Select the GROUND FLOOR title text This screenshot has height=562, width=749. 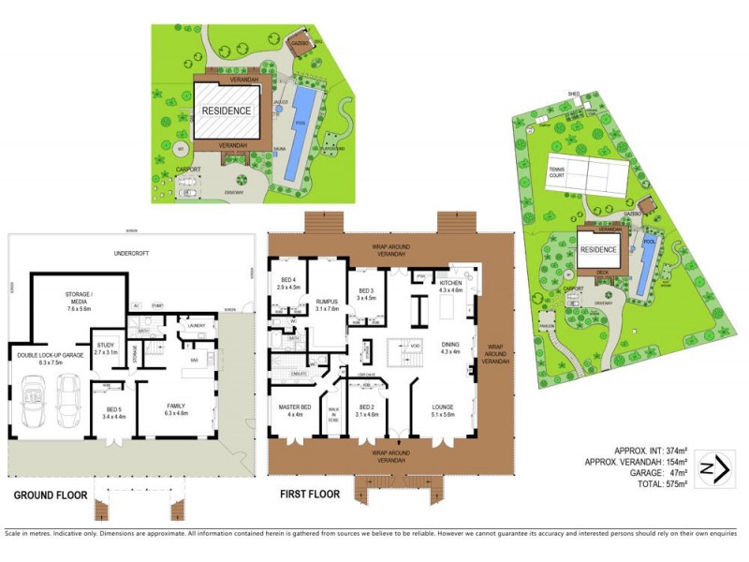(x=51, y=495)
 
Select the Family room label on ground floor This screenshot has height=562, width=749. (x=177, y=409)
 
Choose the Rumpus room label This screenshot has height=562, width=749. (x=327, y=303)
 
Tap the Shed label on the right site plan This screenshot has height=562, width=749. (x=573, y=94)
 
